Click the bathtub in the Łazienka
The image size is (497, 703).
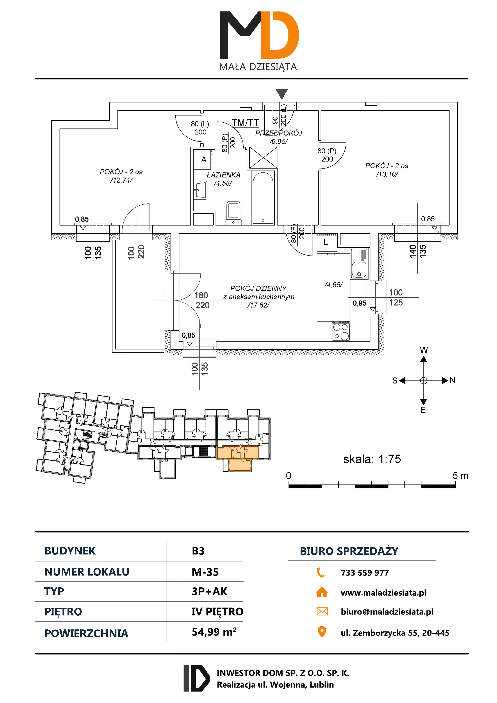pyautogui.click(x=262, y=197)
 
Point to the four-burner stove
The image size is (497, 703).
pyautogui.click(x=341, y=331)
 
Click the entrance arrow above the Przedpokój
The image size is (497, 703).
pyautogui.click(x=281, y=93)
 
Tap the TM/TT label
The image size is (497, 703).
pyautogui.click(x=245, y=123)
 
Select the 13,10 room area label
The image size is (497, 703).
pyautogui.click(x=387, y=174)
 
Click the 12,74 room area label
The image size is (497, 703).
pyautogui.click(x=122, y=180)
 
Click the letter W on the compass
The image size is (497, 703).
pyautogui.click(x=424, y=350)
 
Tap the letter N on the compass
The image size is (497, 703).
pyautogui.click(x=453, y=380)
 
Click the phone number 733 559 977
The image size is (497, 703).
pyautogui.click(x=365, y=573)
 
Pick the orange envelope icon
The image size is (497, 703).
pyautogui.click(x=322, y=611)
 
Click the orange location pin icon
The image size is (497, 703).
pyautogui.click(x=322, y=632)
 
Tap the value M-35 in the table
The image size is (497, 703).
pyautogui.click(x=205, y=572)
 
